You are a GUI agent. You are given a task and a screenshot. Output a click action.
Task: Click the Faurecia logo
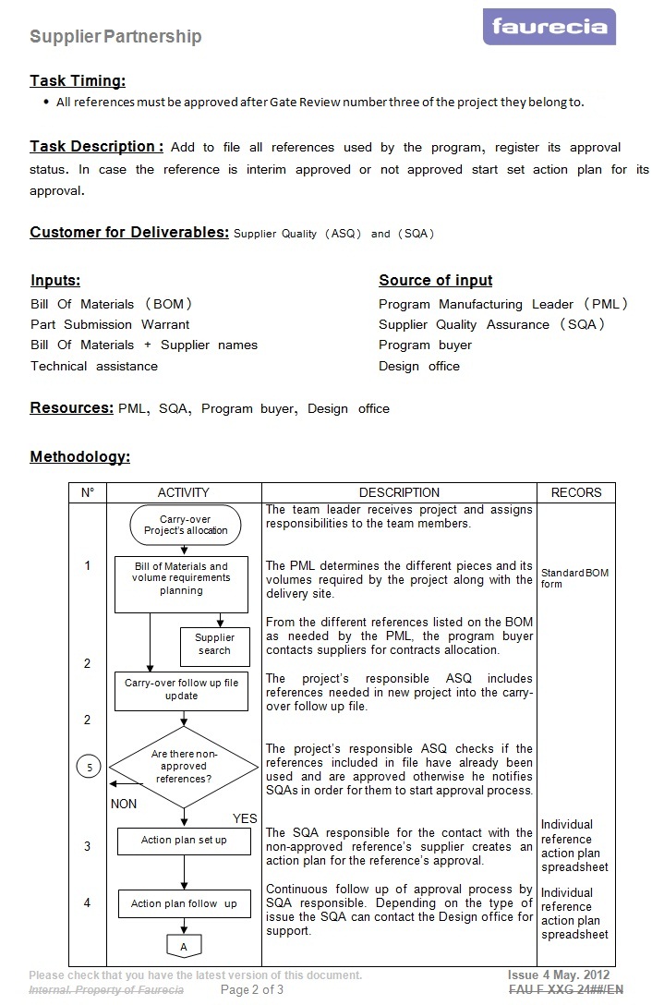(x=549, y=27)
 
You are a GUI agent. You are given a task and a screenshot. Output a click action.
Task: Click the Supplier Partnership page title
(x=115, y=37)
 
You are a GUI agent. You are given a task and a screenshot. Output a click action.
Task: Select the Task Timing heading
(x=78, y=80)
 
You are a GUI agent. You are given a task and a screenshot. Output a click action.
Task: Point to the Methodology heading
(x=79, y=456)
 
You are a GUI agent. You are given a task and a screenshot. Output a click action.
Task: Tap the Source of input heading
(x=435, y=280)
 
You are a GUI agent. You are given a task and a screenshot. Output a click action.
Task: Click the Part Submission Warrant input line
(x=110, y=324)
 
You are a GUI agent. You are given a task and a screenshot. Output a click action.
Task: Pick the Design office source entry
(x=418, y=366)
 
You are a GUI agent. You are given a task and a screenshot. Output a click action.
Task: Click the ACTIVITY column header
(x=183, y=492)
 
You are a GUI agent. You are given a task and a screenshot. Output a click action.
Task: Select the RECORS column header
(x=575, y=492)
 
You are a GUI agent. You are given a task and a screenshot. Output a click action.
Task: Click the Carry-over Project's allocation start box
(x=186, y=525)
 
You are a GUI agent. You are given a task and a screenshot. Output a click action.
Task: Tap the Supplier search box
(x=214, y=644)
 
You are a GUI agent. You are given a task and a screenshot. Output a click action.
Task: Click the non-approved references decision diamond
(x=184, y=767)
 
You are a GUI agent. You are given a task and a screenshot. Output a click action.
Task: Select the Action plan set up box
(x=183, y=841)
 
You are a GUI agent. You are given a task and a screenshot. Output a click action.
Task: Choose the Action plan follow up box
(x=183, y=903)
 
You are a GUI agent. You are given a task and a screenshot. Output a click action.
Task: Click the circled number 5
(x=89, y=767)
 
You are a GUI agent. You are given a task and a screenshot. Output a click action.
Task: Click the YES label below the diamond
(x=245, y=818)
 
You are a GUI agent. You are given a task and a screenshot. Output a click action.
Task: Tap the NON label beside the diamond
(x=124, y=804)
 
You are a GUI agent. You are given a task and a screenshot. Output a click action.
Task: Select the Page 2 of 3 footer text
(x=252, y=989)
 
